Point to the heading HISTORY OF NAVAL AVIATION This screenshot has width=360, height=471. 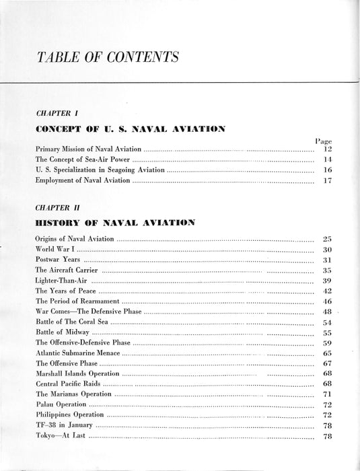point(115,223)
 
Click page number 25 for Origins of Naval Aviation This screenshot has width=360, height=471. point(328,239)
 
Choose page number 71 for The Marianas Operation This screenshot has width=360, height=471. point(328,394)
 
